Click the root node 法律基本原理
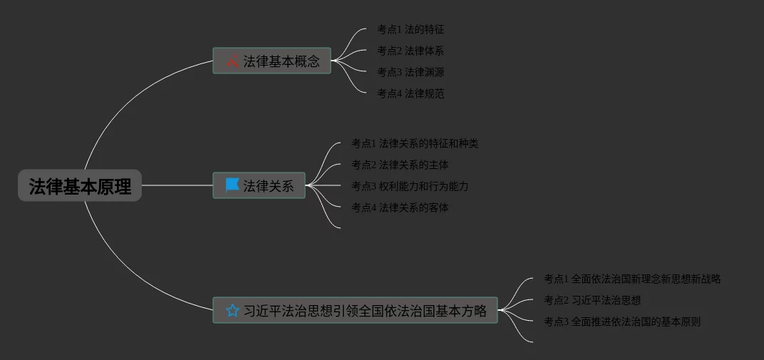pos(80,186)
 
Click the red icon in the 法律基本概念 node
pos(232,61)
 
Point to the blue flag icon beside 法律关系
pos(232,185)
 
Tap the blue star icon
pos(232,311)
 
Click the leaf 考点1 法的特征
pos(411,29)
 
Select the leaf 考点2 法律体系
pos(411,51)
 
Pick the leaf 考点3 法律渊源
pos(411,72)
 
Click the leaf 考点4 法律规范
pos(411,93)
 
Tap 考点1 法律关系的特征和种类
pos(415,143)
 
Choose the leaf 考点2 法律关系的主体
pos(400,165)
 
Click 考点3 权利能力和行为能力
pos(410,186)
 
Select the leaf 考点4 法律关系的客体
pos(400,207)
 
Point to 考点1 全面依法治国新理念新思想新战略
pos(632,279)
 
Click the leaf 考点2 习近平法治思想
pos(592,300)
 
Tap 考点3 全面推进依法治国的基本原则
pos(622,322)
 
